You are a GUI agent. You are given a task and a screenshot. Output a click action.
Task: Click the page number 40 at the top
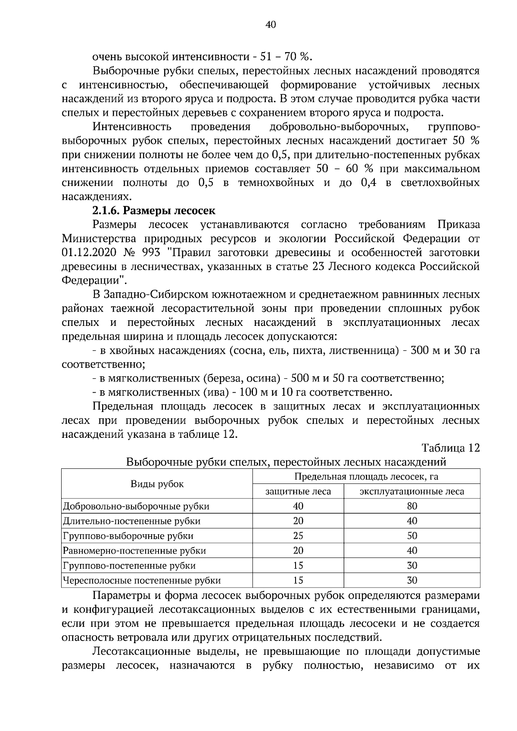(x=271, y=25)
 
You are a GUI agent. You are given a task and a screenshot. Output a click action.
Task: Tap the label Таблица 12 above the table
(x=451, y=448)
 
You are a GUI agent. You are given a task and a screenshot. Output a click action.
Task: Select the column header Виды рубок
(x=157, y=484)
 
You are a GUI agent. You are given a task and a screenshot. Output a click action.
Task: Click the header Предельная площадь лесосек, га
(x=366, y=477)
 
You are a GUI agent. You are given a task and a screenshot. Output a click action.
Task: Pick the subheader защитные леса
(x=298, y=491)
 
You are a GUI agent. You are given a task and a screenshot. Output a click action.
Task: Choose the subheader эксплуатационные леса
(x=412, y=491)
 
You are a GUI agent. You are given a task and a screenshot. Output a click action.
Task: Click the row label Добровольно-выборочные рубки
(x=136, y=506)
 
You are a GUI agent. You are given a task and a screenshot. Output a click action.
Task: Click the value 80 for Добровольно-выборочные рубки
(x=412, y=506)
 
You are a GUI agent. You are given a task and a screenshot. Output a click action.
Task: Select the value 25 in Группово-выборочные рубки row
(x=298, y=536)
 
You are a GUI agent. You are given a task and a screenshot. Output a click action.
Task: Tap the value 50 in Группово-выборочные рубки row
(x=412, y=536)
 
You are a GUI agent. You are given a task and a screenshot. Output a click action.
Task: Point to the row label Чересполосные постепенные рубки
(x=142, y=580)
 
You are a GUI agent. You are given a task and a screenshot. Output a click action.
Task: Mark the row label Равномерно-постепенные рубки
(x=134, y=551)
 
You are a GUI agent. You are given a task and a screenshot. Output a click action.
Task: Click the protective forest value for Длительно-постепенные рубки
(x=298, y=521)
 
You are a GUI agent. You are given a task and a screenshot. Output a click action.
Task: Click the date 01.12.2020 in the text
(x=88, y=252)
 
